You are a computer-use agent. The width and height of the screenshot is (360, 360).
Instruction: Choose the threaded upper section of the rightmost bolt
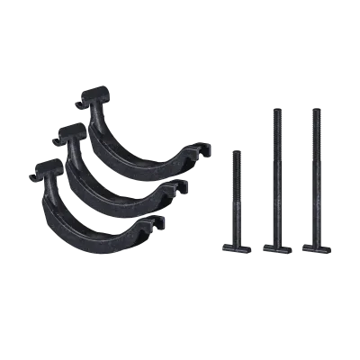[315, 144]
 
